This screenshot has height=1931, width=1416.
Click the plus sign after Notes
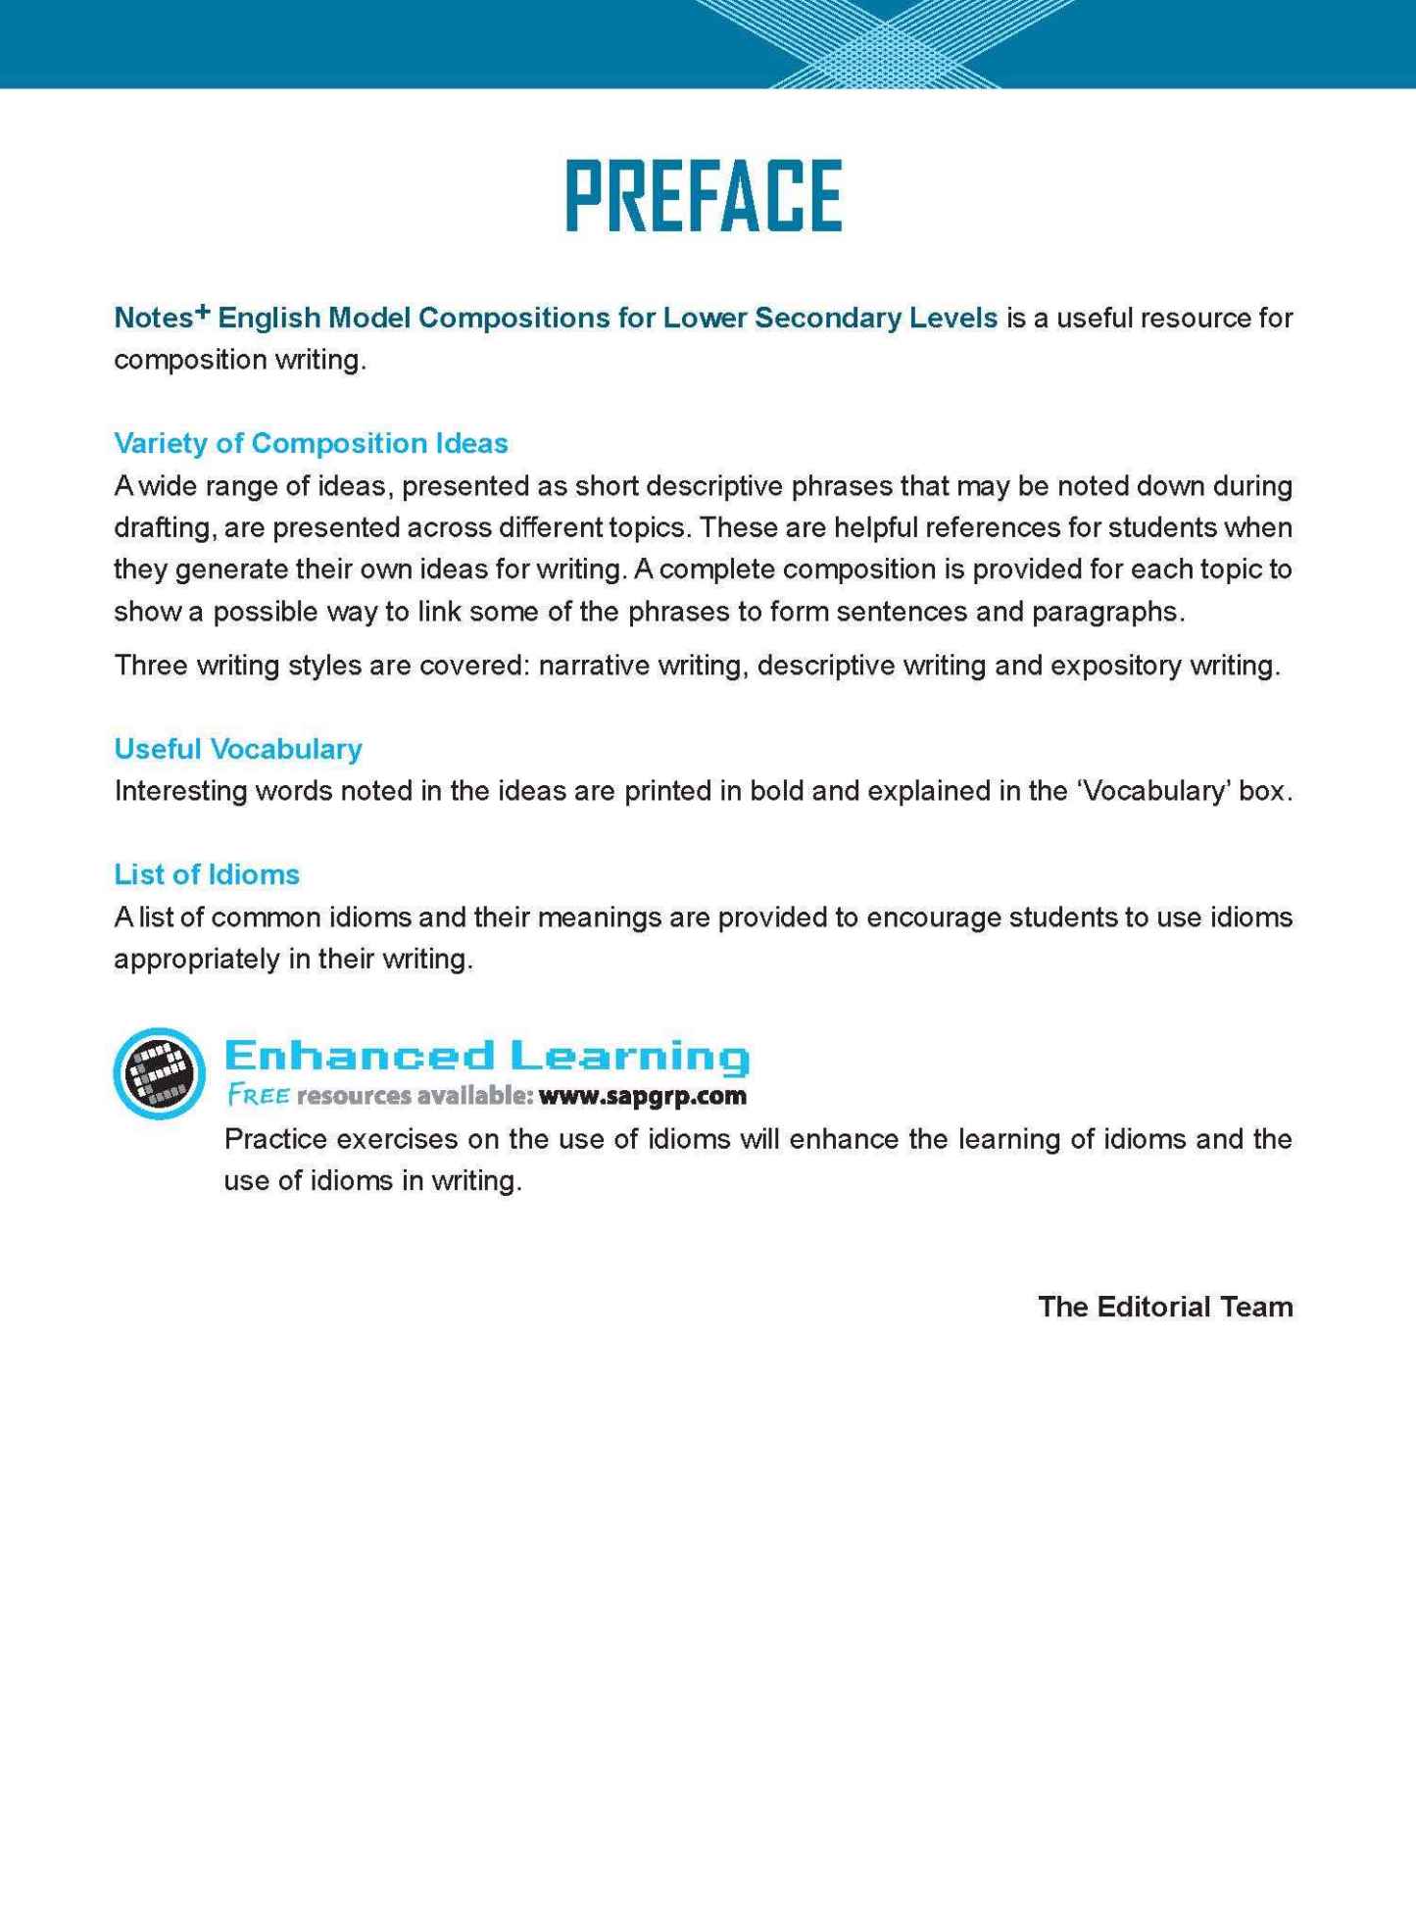click(x=202, y=312)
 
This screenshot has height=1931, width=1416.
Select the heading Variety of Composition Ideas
click(x=311, y=443)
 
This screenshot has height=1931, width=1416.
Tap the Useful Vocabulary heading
click(x=238, y=749)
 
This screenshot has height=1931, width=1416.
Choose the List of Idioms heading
click(x=207, y=874)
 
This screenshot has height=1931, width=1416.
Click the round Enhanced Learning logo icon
click(x=160, y=1072)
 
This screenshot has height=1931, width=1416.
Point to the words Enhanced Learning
click(x=487, y=1056)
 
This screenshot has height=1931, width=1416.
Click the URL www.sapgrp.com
click(x=642, y=1096)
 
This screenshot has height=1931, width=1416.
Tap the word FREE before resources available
click(x=258, y=1096)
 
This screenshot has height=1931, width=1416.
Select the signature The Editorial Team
click(x=1165, y=1307)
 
